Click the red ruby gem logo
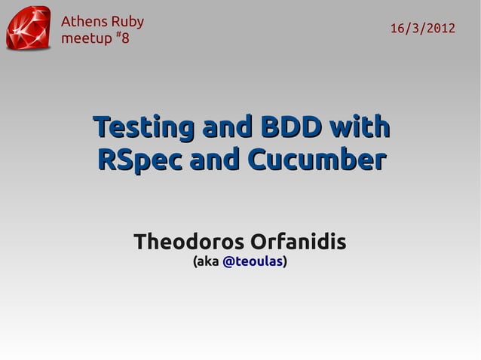coord(29,29)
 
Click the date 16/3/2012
coord(422,29)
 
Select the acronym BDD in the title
coord(291,125)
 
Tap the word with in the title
coord(360,125)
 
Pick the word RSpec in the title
coord(140,160)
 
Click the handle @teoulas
coord(253,262)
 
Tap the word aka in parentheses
coord(207,262)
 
